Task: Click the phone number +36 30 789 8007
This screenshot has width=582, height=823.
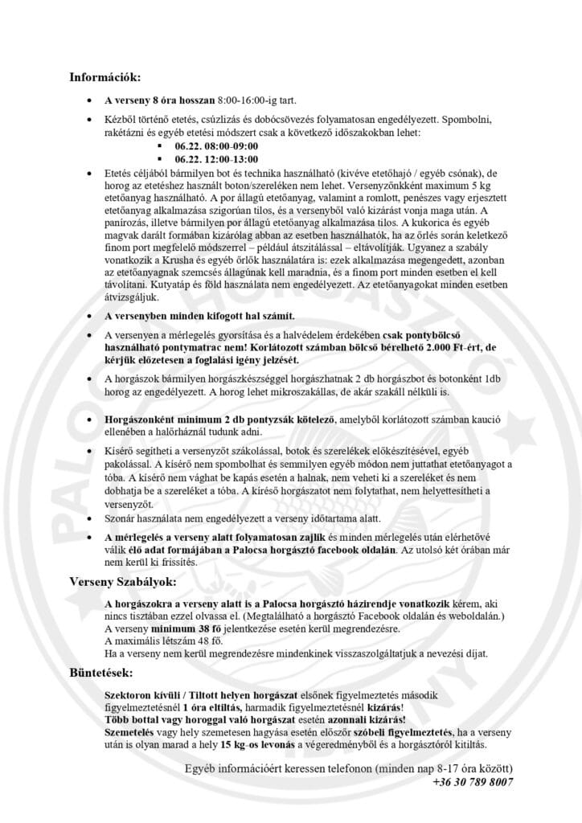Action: coord(473,781)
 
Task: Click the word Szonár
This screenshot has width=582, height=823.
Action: coord(121,518)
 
